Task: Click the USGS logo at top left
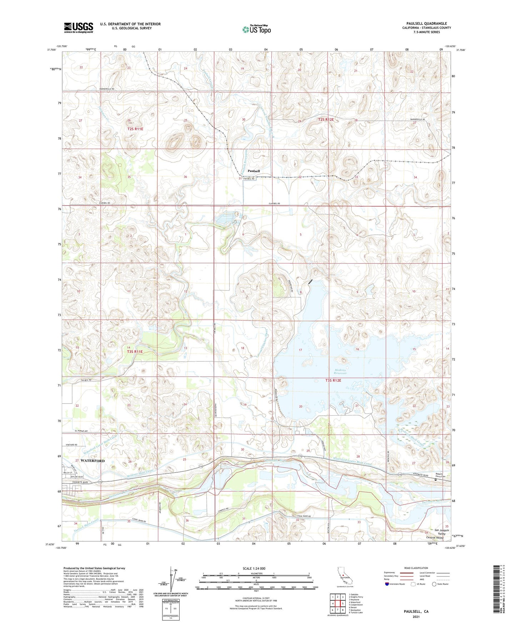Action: [79, 28]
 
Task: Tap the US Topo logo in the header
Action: [256, 29]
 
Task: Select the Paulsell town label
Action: [254, 171]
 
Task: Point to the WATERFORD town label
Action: [92, 461]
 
